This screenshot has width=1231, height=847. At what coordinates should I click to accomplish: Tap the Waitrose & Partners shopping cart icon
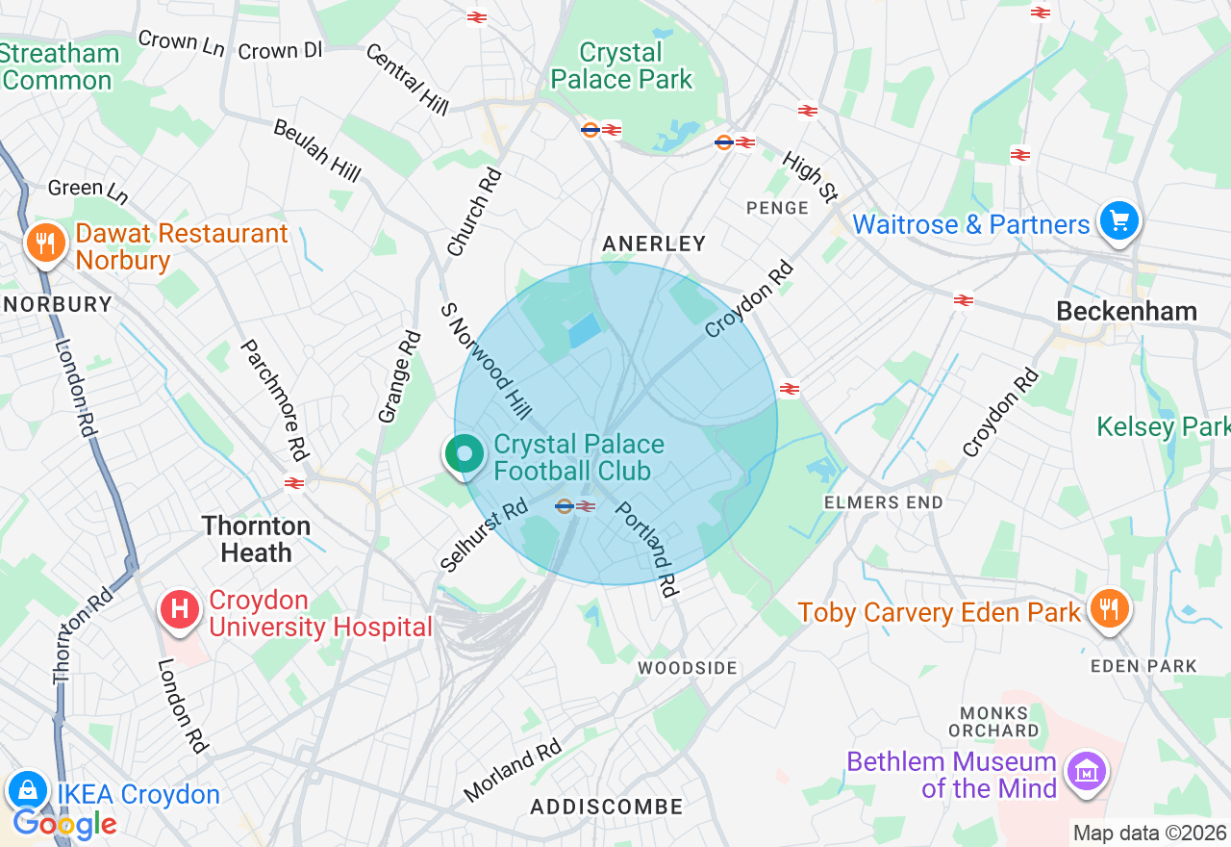(x=1118, y=222)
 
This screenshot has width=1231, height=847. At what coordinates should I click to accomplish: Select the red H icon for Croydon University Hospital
(x=179, y=610)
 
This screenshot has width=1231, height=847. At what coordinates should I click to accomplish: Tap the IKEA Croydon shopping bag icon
(x=28, y=791)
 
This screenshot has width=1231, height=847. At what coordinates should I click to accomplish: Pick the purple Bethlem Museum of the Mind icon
(x=1087, y=771)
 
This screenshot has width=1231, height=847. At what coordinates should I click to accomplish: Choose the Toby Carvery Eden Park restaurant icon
(x=1109, y=608)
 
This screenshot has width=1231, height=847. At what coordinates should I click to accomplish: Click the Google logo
(x=64, y=824)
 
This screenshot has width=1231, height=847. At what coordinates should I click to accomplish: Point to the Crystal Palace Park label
(x=621, y=65)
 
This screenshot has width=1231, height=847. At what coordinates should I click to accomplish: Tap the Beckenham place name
(x=1126, y=311)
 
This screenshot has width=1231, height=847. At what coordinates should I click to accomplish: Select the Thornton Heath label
(x=256, y=539)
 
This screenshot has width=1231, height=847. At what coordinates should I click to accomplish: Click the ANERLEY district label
(x=654, y=244)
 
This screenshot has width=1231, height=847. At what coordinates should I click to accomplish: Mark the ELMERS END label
(x=883, y=502)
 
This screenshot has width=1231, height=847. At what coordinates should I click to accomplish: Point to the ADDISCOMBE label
(x=607, y=807)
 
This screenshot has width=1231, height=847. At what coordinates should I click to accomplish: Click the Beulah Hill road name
(x=317, y=150)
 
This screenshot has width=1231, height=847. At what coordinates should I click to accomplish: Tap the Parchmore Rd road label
(x=273, y=398)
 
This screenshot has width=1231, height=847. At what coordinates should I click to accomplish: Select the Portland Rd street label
(x=646, y=549)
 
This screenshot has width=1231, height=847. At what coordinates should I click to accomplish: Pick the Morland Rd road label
(x=512, y=770)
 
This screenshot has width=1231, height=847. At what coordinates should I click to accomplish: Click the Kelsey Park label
(x=1163, y=425)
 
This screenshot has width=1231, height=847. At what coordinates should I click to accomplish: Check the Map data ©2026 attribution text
(x=1149, y=833)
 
